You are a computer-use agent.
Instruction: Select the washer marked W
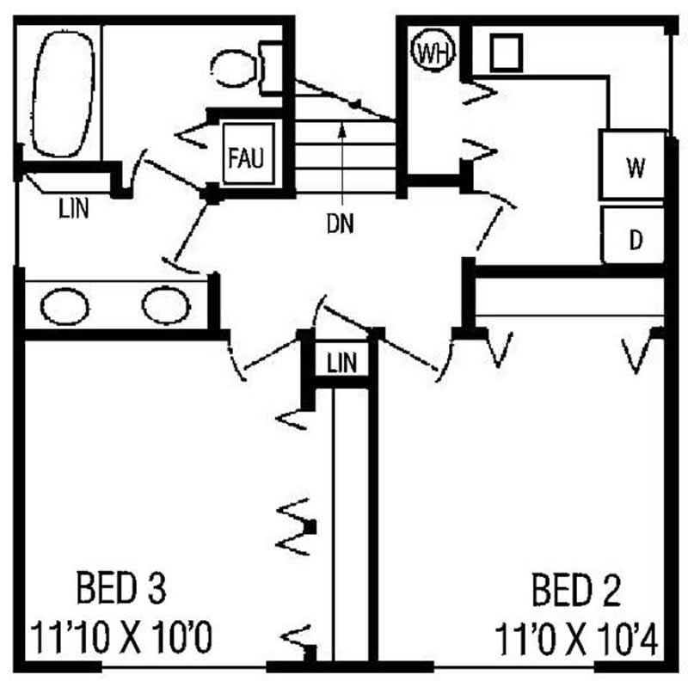click(x=635, y=167)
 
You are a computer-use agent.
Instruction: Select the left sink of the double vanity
click(x=64, y=307)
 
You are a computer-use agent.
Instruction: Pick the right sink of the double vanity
click(x=165, y=305)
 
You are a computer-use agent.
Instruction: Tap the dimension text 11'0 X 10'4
click(x=576, y=640)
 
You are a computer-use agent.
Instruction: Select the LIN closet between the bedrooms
click(x=341, y=362)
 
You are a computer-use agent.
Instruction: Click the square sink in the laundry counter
click(x=506, y=52)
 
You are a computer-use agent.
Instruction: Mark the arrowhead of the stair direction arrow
click(x=341, y=130)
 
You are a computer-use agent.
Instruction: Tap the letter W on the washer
click(x=635, y=167)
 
